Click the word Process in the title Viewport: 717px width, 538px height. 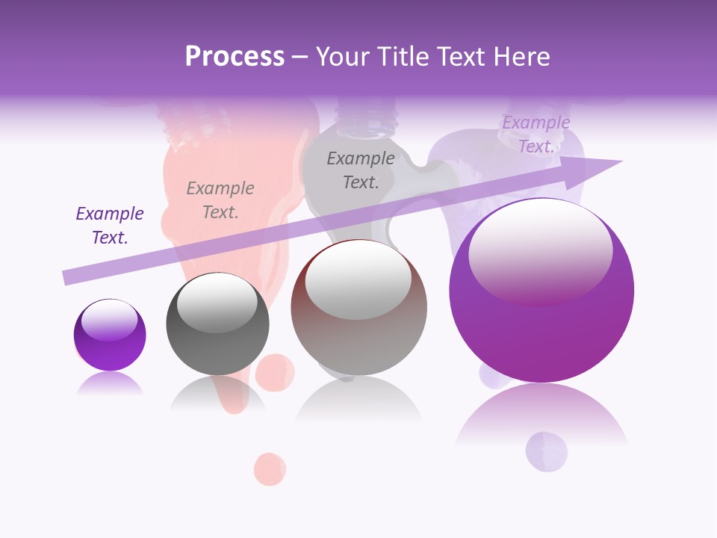click(235, 57)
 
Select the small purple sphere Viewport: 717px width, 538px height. click(110, 335)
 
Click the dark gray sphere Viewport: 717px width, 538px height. click(217, 324)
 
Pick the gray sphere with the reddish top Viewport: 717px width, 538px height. click(358, 307)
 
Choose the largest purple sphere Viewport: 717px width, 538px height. click(541, 291)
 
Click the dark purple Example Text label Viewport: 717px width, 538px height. click(110, 226)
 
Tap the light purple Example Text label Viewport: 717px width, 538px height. click(536, 134)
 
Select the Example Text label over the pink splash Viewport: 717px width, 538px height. click(220, 200)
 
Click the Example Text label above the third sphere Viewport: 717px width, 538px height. click(361, 170)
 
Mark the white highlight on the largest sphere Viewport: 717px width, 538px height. click(540, 250)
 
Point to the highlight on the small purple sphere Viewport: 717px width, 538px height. click(109, 320)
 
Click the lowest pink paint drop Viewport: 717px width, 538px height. click(270, 469)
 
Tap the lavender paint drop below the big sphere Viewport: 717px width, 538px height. click(546, 451)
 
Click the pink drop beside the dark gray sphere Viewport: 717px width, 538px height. click(276, 371)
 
